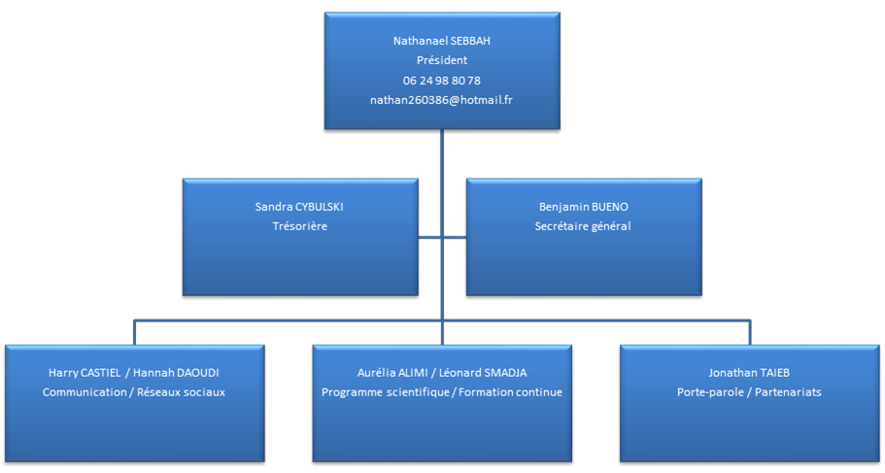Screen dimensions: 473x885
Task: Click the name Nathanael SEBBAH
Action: coord(441,41)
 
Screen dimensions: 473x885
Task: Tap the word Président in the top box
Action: coord(441,60)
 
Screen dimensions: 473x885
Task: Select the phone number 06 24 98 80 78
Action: coord(441,80)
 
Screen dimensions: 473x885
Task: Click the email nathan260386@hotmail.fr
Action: coord(441,100)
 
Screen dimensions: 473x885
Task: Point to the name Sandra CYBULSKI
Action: coord(298,207)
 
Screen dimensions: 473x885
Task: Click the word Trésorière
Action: coord(298,226)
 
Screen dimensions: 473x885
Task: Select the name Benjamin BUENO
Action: coord(583,207)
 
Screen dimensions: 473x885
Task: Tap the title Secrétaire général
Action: coord(583,226)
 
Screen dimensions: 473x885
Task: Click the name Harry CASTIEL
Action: coord(84,372)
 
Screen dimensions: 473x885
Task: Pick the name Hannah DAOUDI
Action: coord(178,372)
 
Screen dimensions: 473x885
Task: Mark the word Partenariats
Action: coord(786,392)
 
